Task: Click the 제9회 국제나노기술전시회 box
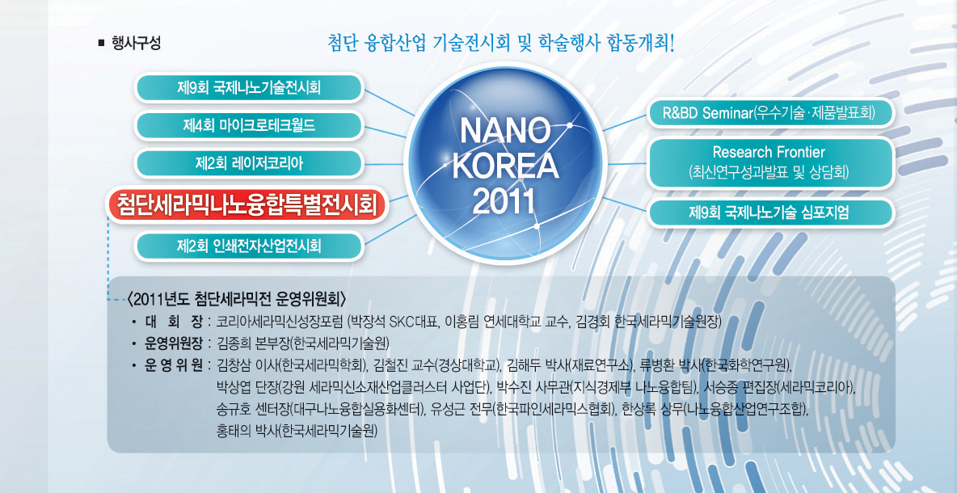click(249, 87)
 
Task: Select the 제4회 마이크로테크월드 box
click(249, 126)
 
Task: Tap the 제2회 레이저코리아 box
click(249, 163)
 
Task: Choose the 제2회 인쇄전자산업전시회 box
click(249, 246)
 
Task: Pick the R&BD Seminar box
click(770, 113)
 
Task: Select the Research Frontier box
click(770, 163)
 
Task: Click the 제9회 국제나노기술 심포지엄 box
click(770, 213)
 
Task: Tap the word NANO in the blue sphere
click(506, 130)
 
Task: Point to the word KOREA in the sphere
click(506, 165)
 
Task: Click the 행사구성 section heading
click(136, 44)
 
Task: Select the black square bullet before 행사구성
click(102, 44)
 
